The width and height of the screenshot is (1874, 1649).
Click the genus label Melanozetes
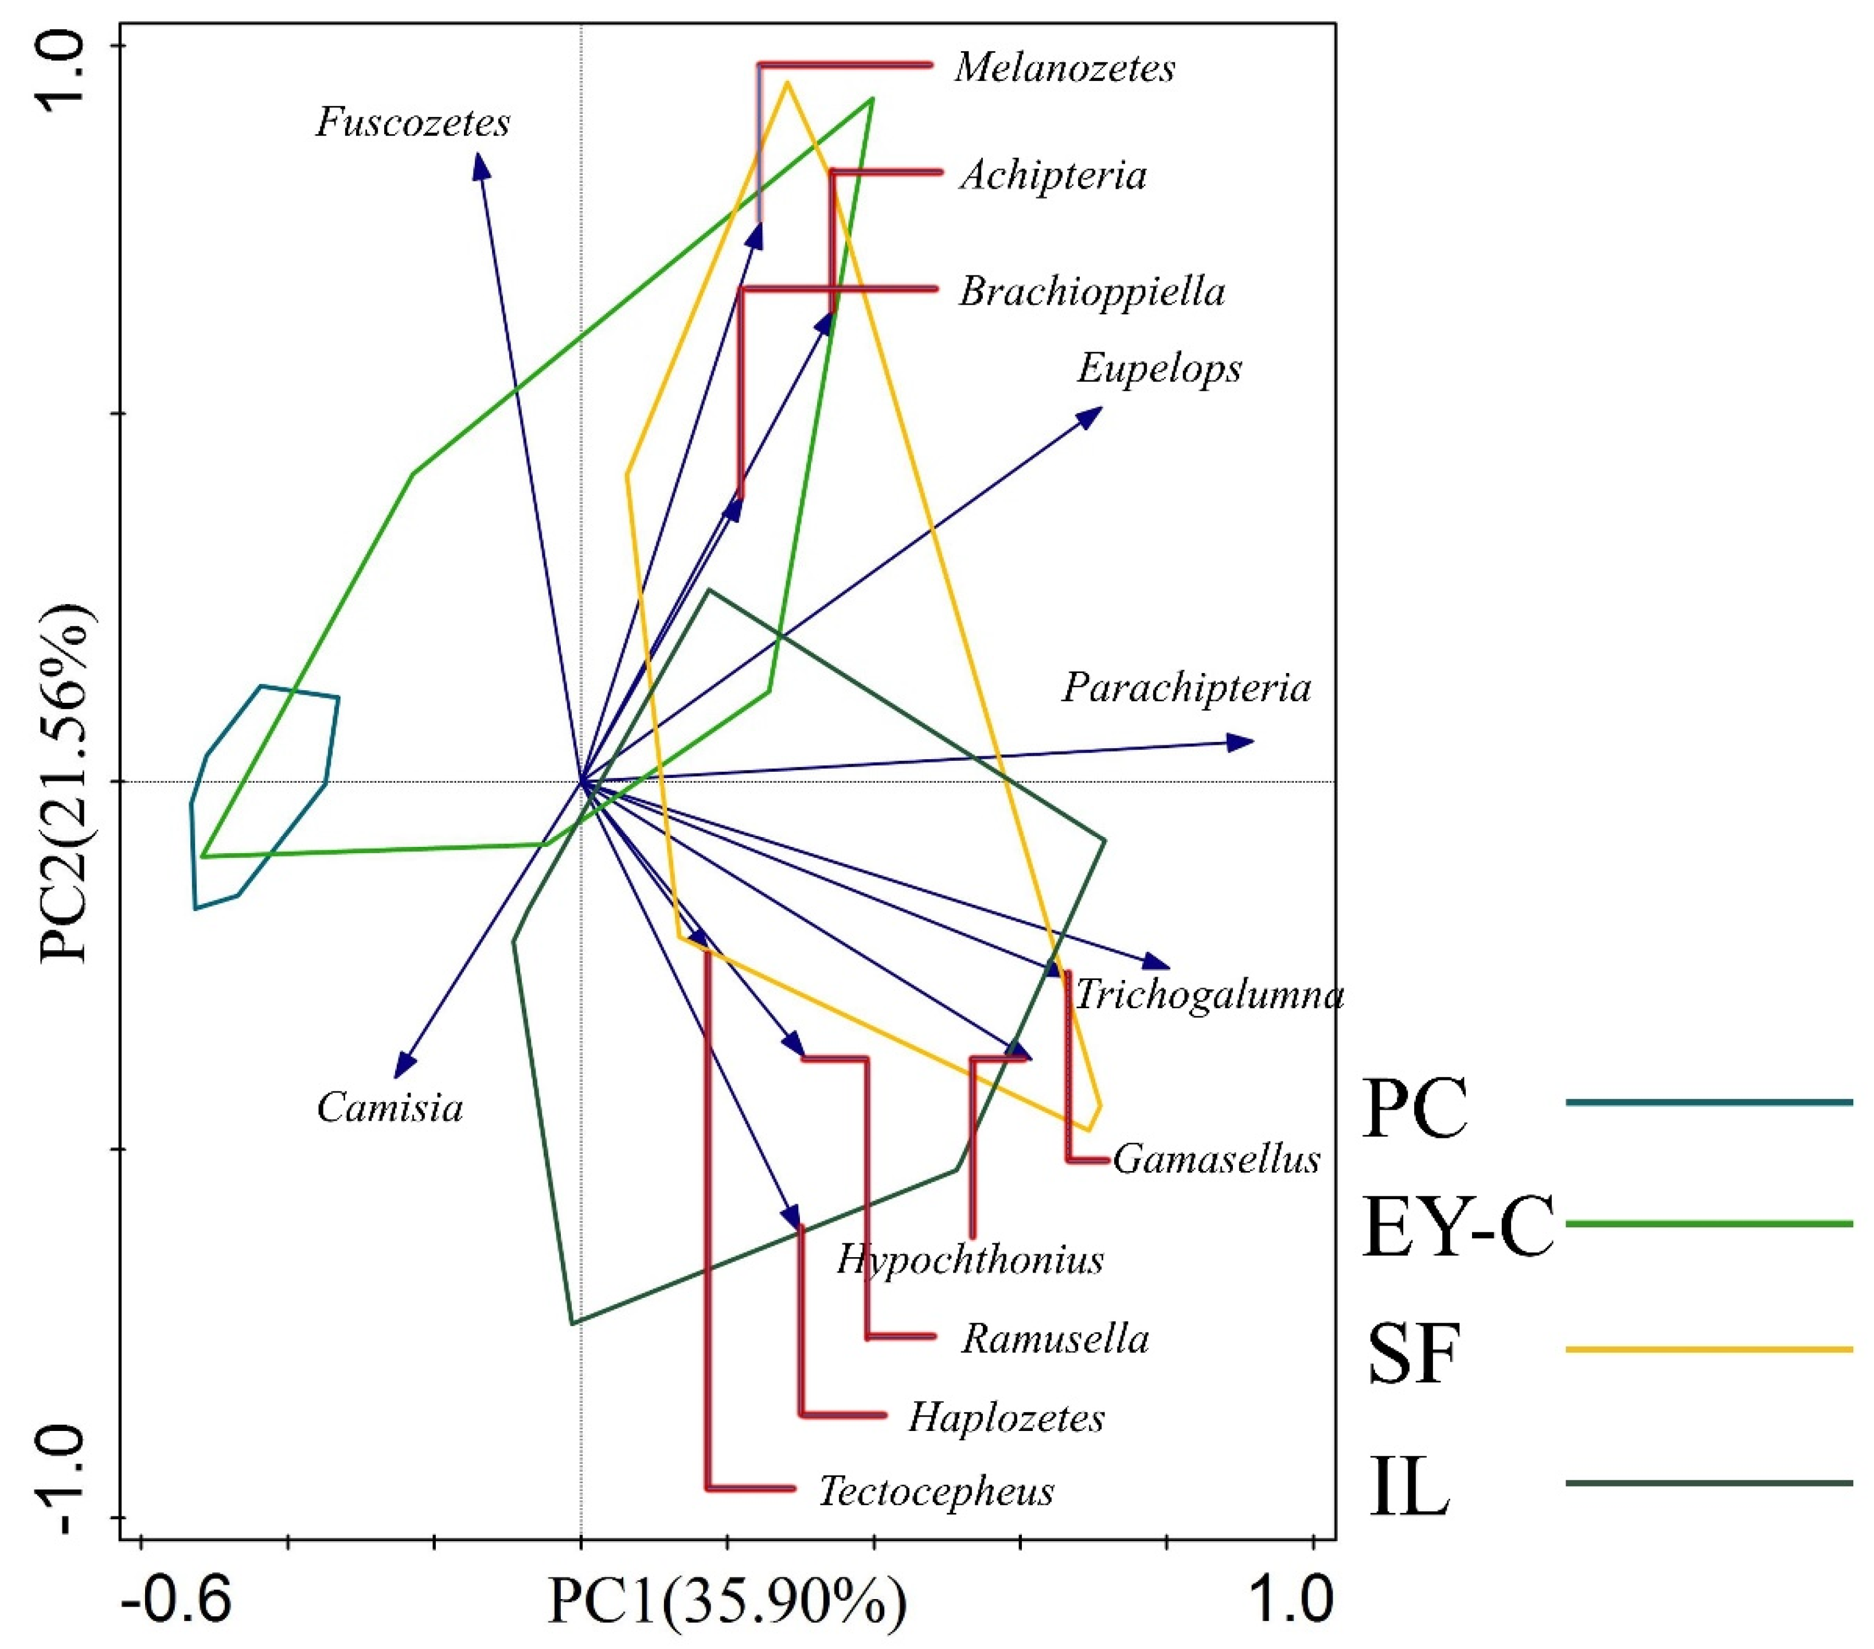[1064, 68]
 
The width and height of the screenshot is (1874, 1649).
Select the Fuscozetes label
[412, 123]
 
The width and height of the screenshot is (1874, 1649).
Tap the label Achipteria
[1052, 175]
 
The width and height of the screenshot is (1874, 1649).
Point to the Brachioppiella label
[1091, 291]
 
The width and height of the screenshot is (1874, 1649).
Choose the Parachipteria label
[1186, 688]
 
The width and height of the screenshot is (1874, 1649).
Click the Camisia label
[390, 1108]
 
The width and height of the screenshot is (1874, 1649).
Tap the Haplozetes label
[1006, 1418]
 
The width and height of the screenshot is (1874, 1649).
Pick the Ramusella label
[1055, 1340]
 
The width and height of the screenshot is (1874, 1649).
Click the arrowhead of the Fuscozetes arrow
[479, 164]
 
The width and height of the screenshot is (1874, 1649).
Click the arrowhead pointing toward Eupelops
[1090, 417]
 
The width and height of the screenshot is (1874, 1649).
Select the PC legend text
[1415, 1108]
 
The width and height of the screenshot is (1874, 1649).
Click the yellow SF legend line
[1709, 1349]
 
